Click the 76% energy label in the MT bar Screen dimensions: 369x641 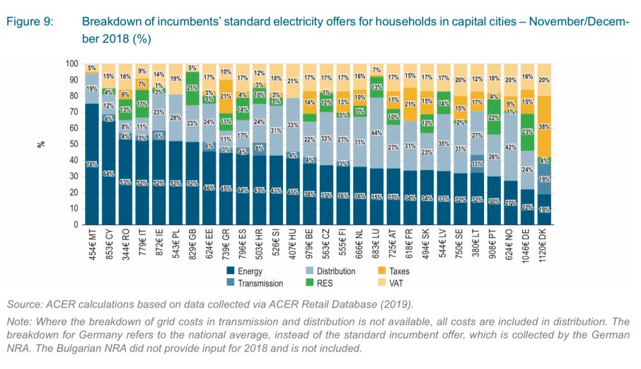(91, 164)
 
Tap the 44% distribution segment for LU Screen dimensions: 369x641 (377, 132)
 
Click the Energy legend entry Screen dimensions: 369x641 (247, 271)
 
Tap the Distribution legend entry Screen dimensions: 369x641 (337, 271)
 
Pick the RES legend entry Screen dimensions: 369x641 (326, 283)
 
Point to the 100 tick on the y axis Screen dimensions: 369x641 (71, 64)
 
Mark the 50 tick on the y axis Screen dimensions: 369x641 (74, 144)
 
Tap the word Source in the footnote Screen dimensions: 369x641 (24, 305)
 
